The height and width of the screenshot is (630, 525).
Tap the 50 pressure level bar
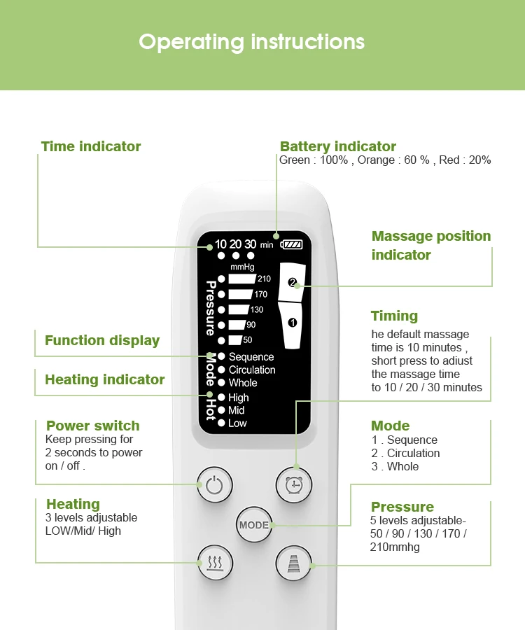[x=235, y=340]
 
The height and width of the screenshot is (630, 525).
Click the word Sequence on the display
[x=251, y=357]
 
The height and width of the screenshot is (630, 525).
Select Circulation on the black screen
[x=252, y=370]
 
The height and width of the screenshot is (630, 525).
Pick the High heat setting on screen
[x=238, y=398]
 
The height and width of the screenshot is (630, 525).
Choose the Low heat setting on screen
[x=237, y=423]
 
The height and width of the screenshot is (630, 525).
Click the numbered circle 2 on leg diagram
[x=293, y=283]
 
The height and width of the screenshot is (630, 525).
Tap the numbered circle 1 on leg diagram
[x=293, y=323]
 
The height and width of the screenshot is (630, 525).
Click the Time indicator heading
[x=91, y=146]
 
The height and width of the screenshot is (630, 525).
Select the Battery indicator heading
[x=338, y=146]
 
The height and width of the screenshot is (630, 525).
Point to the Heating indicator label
[x=105, y=379]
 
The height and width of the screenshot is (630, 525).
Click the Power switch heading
[x=93, y=426]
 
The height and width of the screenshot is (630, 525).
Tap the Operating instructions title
[x=252, y=42]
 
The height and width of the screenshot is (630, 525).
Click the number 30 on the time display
[x=250, y=244]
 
